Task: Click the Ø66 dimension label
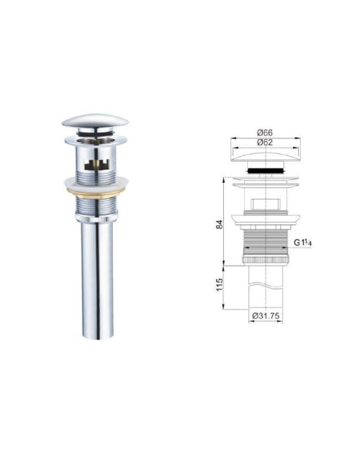265,133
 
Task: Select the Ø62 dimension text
265,143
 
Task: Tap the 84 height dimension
220,224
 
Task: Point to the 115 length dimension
220,284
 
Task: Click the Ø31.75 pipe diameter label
266,316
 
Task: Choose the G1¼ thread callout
302,243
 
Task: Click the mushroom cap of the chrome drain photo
95,121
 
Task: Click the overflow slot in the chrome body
96,165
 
